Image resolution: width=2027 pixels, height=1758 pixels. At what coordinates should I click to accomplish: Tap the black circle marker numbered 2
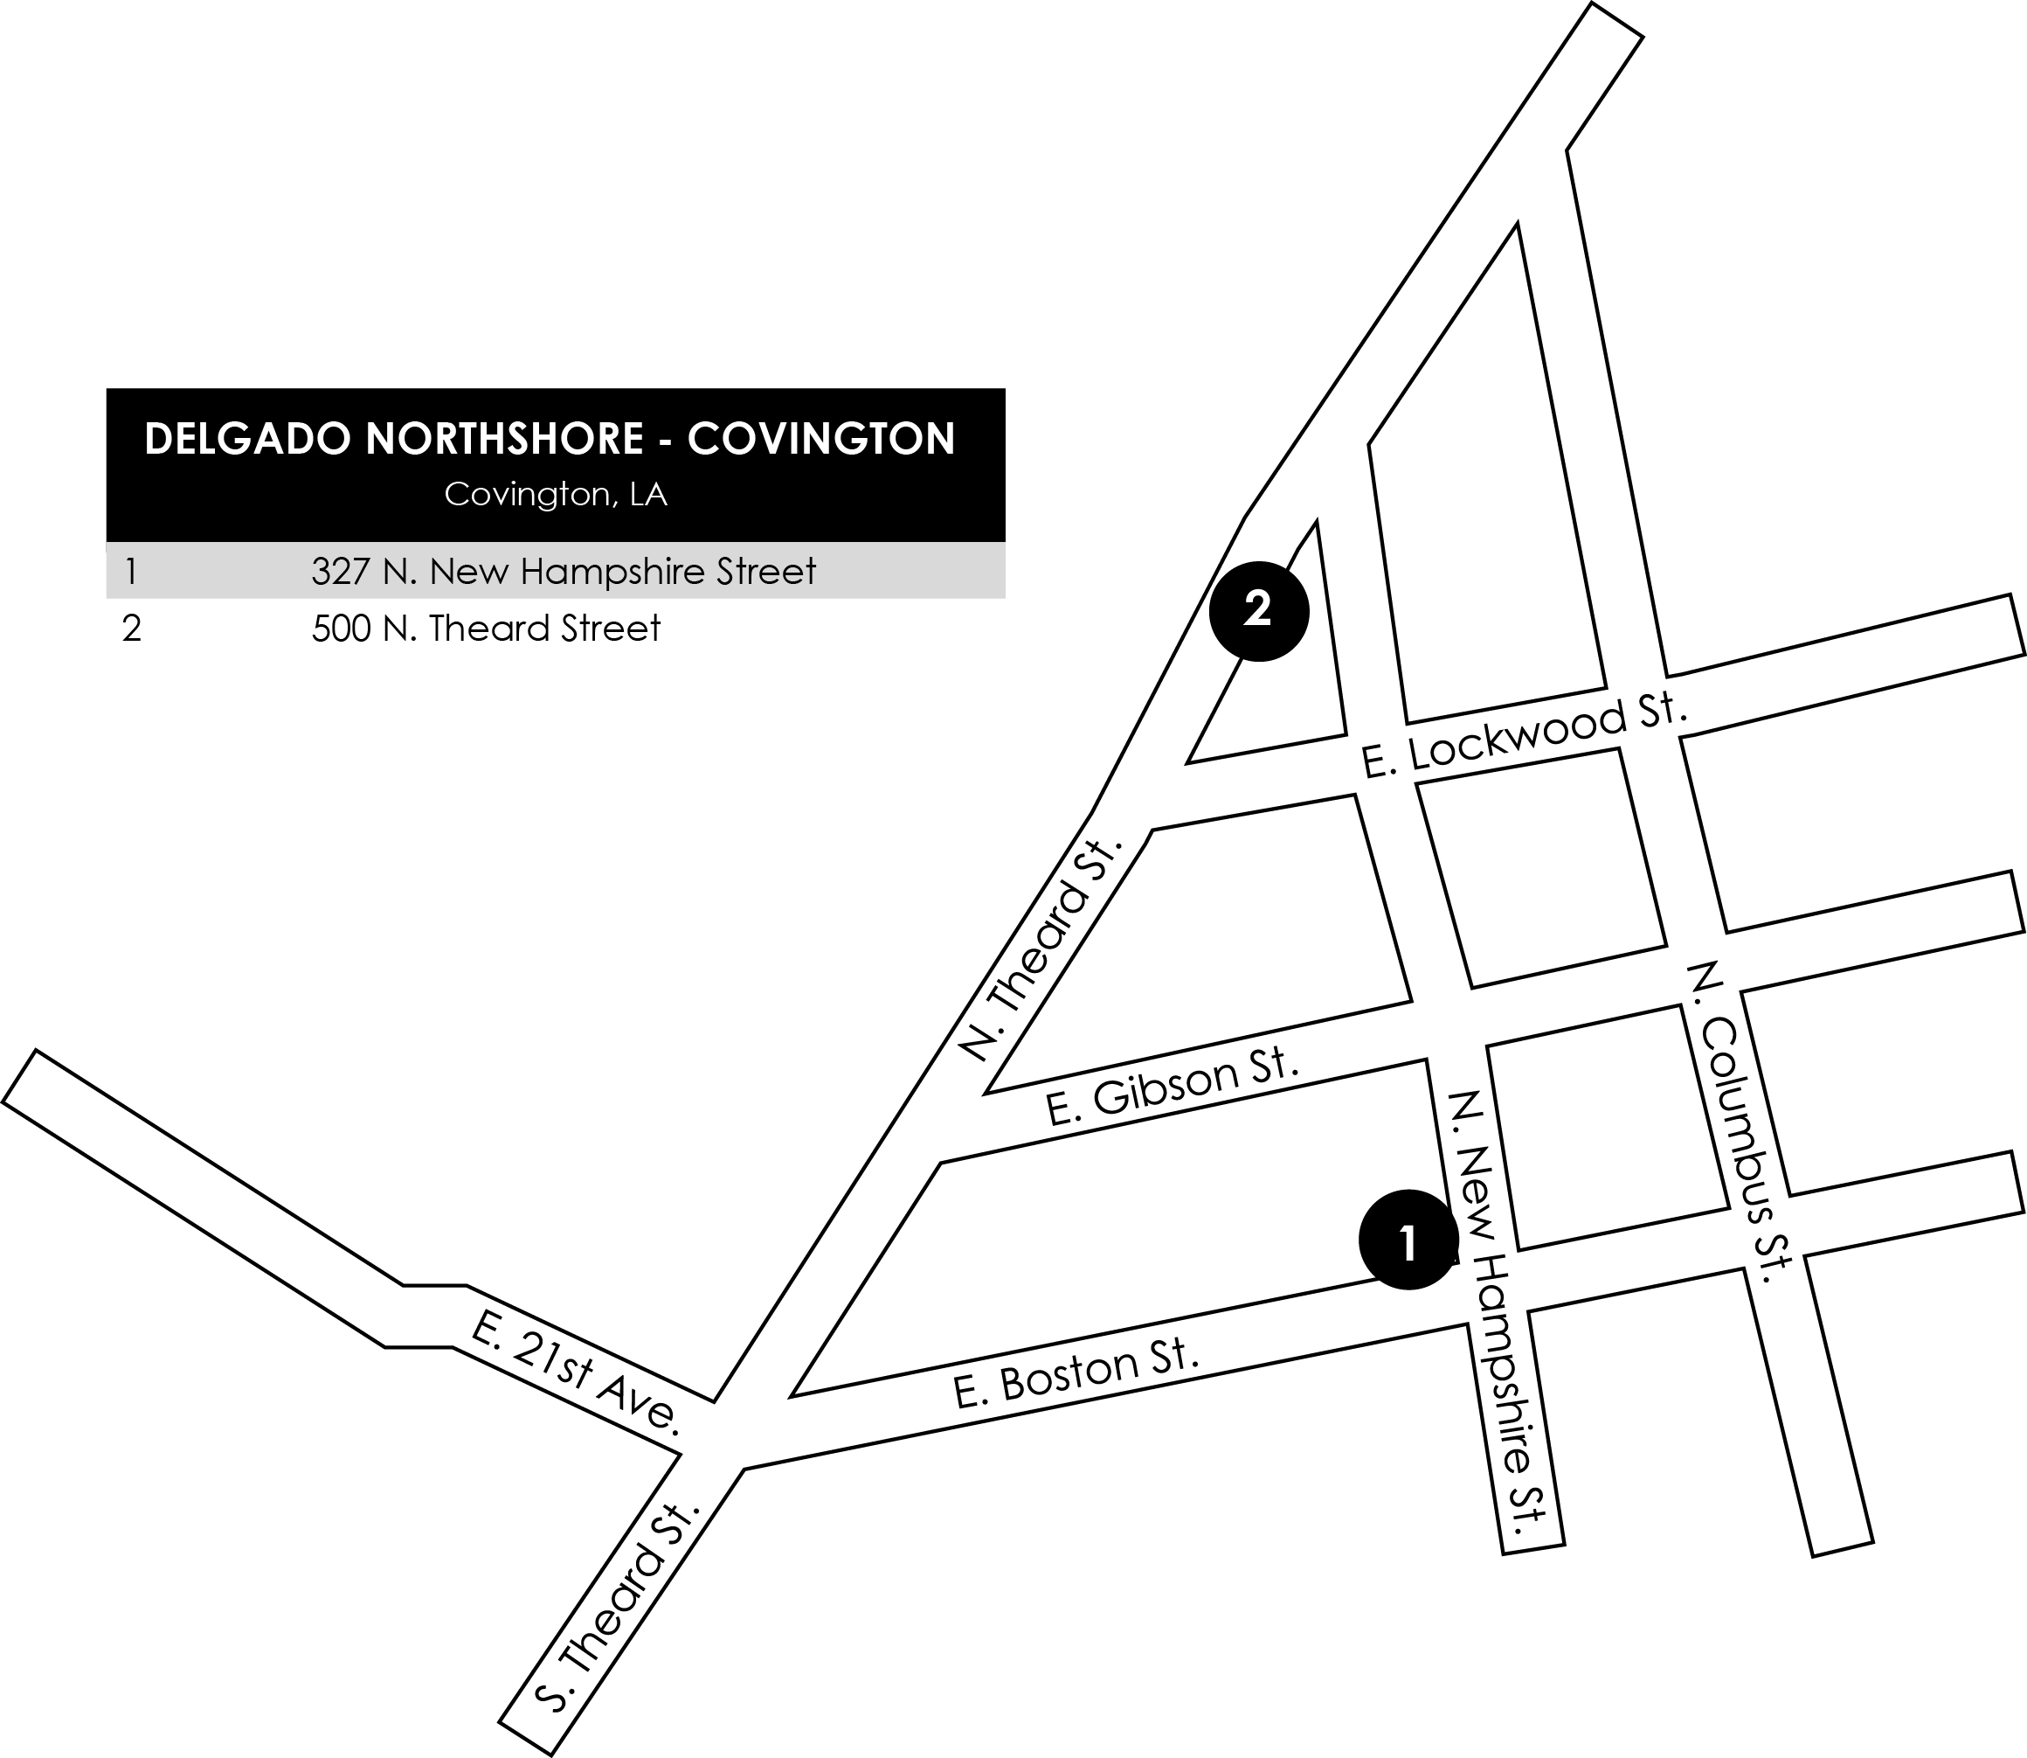(x=1258, y=610)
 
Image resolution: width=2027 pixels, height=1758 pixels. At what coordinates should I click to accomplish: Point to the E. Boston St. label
(x=1076, y=1373)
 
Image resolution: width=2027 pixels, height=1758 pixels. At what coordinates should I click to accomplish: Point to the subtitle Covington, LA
(x=555, y=495)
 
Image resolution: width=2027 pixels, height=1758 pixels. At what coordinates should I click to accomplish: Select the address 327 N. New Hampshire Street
(x=563, y=571)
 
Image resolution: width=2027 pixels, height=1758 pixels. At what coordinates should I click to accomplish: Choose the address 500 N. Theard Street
(x=486, y=628)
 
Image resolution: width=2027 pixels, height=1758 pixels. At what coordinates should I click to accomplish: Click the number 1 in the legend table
(x=130, y=571)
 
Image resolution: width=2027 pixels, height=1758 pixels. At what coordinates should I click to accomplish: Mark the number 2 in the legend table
(x=131, y=628)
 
